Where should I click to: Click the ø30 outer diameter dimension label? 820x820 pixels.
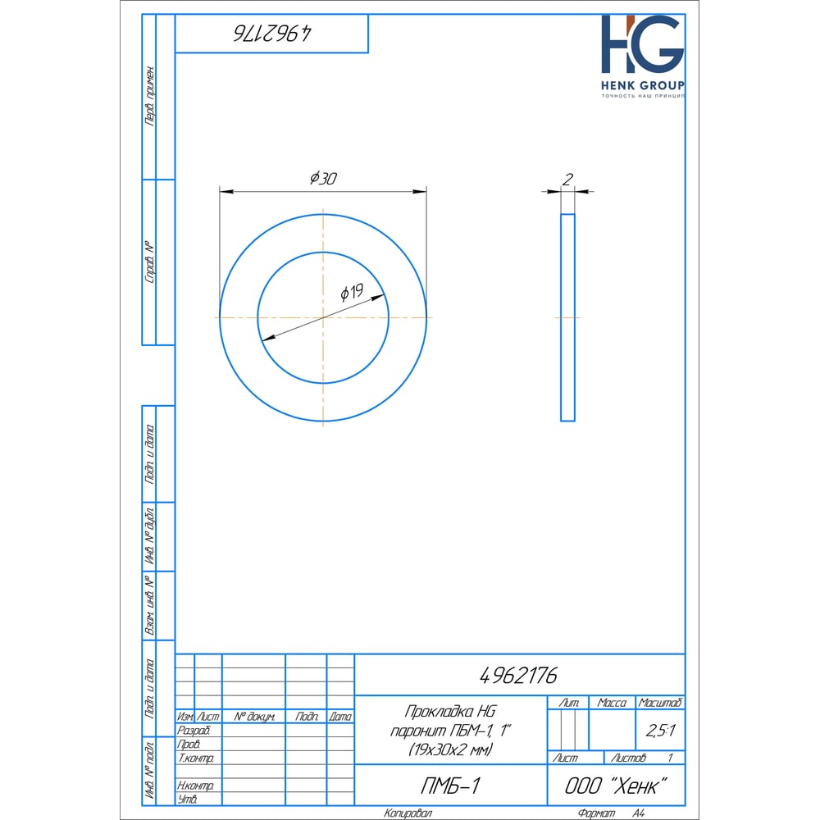tap(323, 178)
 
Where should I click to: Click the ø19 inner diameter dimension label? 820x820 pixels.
tap(352, 293)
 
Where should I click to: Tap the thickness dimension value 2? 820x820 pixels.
tap(567, 180)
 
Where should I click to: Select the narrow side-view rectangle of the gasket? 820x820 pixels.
tap(567, 317)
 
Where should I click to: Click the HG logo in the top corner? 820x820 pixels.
tap(643, 44)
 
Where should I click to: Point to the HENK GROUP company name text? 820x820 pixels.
tap(643, 85)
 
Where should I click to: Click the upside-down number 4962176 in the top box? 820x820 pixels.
tap(272, 34)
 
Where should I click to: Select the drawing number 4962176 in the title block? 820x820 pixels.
tap(518, 676)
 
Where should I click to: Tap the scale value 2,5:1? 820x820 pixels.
tap(660, 730)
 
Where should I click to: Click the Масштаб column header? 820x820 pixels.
tap(660, 703)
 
